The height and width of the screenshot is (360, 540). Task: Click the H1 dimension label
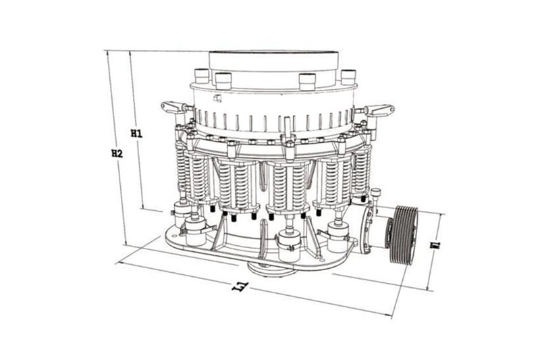point(136,134)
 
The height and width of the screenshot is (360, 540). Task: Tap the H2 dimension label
point(117,153)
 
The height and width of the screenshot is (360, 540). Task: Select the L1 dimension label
point(240,286)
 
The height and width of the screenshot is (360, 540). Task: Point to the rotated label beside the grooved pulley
point(436,245)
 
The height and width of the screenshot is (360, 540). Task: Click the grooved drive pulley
point(404,235)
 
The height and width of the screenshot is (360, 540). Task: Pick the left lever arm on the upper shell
point(174,107)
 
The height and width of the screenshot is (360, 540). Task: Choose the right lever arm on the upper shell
point(379,109)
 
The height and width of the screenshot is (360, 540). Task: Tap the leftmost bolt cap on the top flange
point(202,76)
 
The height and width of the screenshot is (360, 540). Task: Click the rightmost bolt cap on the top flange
point(348,77)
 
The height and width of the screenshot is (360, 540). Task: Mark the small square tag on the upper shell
point(217,99)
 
